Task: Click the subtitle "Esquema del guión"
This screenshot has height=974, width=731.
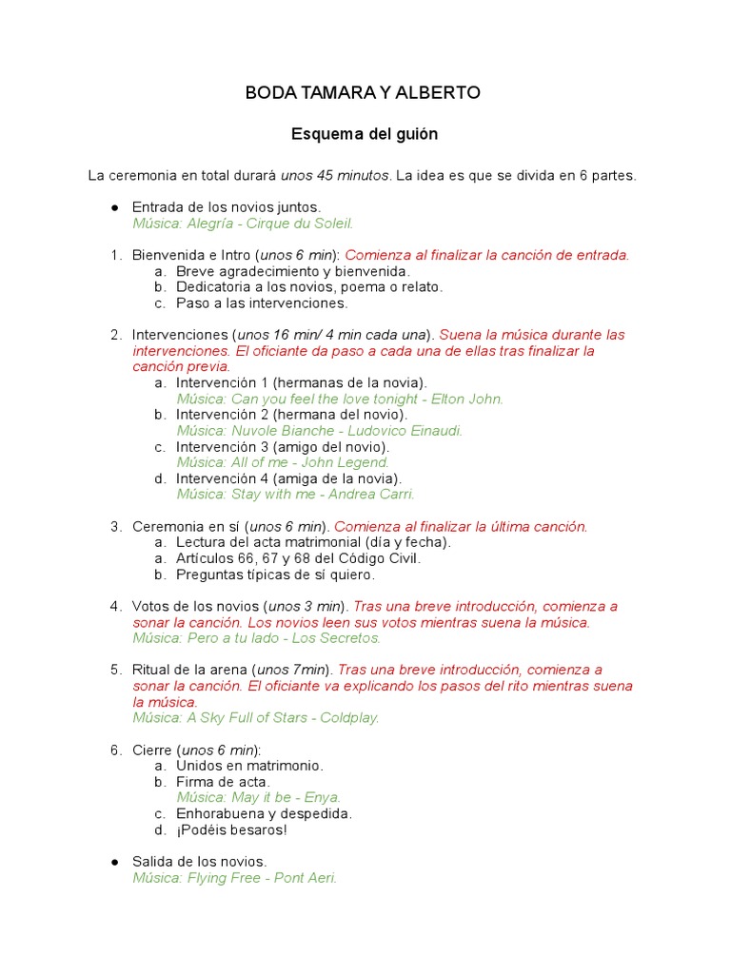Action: click(365, 134)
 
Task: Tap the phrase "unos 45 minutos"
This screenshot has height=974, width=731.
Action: click(335, 176)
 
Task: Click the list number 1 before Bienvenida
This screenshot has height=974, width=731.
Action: click(114, 255)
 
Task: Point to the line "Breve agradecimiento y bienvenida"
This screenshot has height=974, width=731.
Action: click(292, 271)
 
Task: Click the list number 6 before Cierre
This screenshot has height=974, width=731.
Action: click(114, 750)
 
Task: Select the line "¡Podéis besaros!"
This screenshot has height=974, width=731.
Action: click(231, 830)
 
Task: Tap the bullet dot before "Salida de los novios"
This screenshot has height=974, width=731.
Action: click(114, 862)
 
